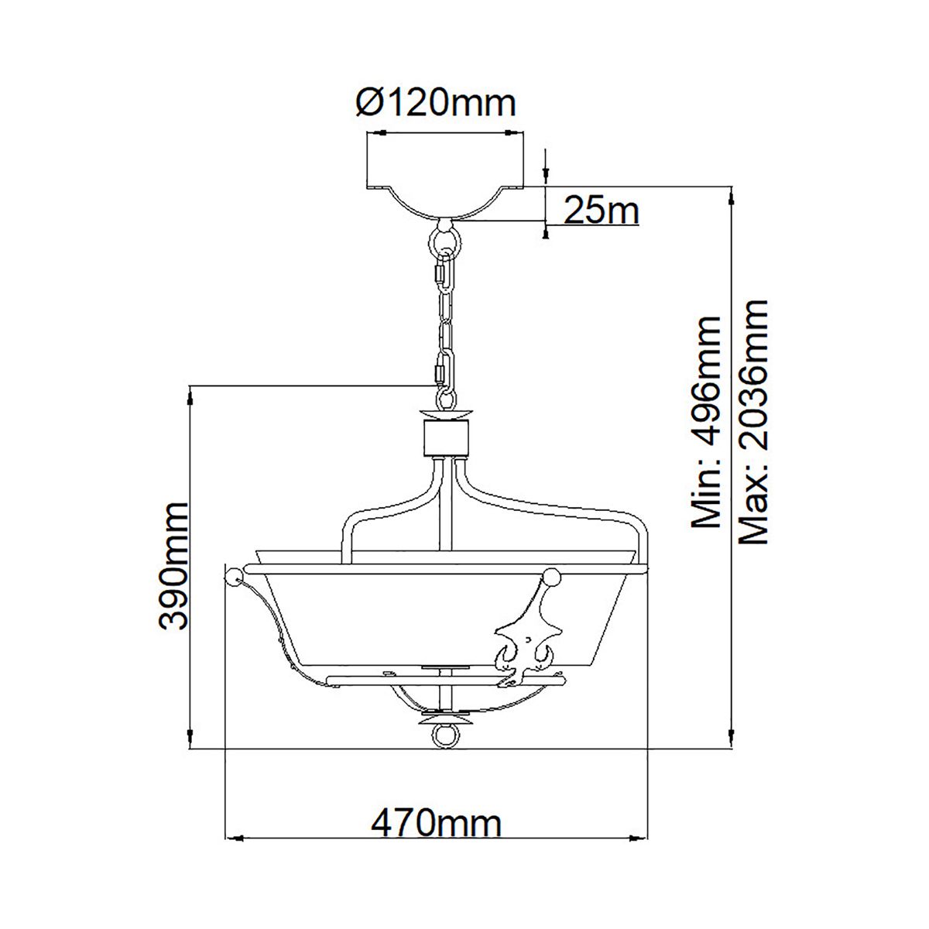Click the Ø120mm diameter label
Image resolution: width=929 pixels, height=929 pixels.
point(436,103)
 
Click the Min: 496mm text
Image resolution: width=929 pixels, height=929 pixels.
point(706,422)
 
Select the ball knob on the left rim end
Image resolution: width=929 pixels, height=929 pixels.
point(231,575)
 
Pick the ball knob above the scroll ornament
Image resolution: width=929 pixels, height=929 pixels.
point(551,576)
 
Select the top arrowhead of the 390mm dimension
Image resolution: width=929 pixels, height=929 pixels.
point(190,396)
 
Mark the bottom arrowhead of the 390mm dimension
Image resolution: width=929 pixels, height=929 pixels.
point(190,739)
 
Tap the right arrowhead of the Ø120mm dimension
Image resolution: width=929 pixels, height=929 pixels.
point(515,132)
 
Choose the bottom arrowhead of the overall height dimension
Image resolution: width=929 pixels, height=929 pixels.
point(732,739)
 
